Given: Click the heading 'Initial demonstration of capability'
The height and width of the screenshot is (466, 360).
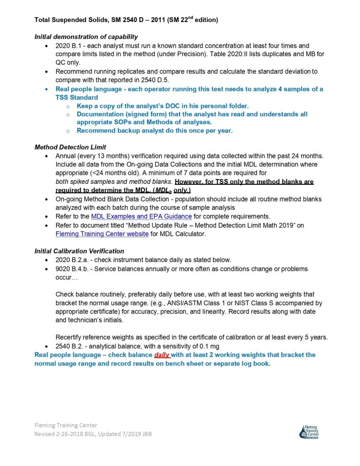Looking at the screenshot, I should tap(86, 37).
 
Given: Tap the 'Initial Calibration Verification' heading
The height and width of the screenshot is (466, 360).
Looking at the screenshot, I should tap(79, 251).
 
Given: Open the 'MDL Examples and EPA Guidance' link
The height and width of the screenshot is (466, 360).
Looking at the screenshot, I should tap(141, 216).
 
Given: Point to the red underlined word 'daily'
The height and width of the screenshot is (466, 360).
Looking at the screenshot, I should tap(162, 355).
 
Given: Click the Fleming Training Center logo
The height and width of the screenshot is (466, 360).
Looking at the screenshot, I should tap(309, 432).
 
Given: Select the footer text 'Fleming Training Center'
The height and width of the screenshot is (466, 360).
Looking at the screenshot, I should tap(66, 425).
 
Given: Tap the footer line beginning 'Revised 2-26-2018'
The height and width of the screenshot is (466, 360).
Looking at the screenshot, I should tap(93, 434).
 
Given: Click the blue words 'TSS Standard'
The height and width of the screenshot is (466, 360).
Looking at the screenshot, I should tap(77, 98).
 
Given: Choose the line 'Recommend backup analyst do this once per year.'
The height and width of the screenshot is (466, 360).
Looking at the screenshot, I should tap(154, 130).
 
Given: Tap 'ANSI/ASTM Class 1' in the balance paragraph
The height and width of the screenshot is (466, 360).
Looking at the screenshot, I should tap(186, 303).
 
